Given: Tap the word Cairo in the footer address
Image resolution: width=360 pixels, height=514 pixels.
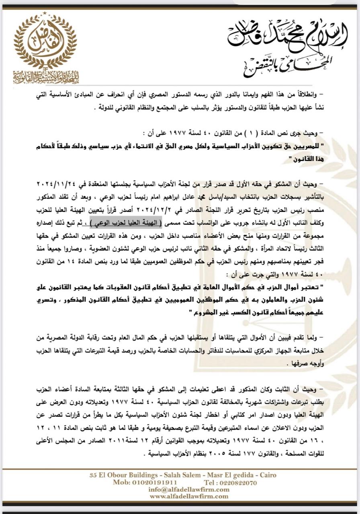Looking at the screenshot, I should tap(265, 475).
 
